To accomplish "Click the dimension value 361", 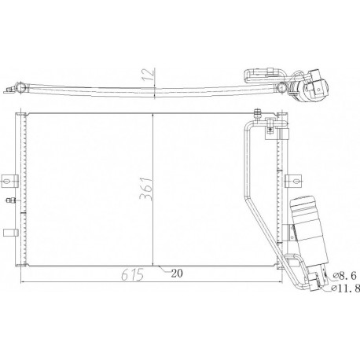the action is (146, 189).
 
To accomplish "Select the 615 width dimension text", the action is (133, 275).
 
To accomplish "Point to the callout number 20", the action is (177, 274).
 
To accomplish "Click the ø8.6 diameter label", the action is (345, 275).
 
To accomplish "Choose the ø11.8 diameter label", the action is (346, 288).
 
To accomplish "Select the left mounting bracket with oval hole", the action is (9, 181).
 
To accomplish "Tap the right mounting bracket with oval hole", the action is (292, 181).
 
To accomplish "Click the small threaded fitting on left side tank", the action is (10, 200).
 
